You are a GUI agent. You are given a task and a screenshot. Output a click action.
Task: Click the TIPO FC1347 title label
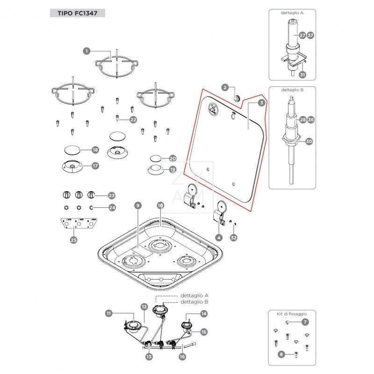(77, 13)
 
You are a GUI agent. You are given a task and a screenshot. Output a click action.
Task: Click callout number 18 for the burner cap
(95, 150)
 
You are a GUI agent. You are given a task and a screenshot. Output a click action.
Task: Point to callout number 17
(95, 165)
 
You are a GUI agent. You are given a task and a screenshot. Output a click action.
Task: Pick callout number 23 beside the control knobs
(111, 195)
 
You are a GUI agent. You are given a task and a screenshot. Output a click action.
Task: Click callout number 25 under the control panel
(73, 240)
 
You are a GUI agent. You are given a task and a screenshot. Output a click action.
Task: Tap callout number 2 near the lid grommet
(225, 87)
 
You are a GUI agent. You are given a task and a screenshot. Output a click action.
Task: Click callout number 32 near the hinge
(234, 237)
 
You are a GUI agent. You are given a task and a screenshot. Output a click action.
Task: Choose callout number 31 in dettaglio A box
(302, 75)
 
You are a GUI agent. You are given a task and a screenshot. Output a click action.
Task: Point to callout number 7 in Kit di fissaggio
(305, 322)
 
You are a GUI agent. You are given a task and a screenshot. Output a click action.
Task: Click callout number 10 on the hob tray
(160, 205)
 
